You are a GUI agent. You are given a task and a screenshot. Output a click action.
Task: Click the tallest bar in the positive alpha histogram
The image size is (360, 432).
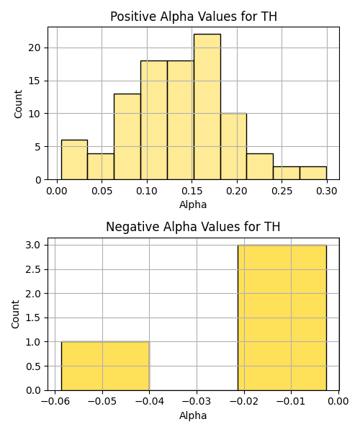(x=207, y=107)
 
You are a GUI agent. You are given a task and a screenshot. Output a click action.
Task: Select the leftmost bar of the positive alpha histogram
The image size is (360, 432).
(x=74, y=160)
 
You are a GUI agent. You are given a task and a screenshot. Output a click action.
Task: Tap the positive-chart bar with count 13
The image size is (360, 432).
(x=127, y=137)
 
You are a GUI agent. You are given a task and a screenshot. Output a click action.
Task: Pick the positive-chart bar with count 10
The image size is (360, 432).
(x=233, y=147)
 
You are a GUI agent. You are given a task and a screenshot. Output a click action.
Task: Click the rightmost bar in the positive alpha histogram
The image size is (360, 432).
(x=313, y=173)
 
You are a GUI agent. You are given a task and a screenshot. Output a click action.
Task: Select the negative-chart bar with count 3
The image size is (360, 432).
(x=282, y=318)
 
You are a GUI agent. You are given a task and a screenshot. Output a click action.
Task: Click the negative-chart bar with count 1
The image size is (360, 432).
(x=105, y=366)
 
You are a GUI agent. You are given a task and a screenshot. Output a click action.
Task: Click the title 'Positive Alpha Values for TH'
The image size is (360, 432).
(x=194, y=17)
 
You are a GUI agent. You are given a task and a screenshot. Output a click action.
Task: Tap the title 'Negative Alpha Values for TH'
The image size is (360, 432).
(x=193, y=227)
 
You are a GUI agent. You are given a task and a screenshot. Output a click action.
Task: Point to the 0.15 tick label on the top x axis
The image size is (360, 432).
(x=192, y=191)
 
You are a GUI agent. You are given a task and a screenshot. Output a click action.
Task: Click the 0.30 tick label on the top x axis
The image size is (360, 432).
(x=327, y=191)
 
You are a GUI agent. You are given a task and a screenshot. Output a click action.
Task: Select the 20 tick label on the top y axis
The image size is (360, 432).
(x=34, y=48)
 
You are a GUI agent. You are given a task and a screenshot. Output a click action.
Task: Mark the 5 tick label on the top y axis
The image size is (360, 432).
(x=37, y=147)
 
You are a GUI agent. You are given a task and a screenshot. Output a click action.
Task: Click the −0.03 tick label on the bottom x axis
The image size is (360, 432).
(x=197, y=402)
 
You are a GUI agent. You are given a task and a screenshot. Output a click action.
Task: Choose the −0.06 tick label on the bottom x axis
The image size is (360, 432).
(x=55, y=402)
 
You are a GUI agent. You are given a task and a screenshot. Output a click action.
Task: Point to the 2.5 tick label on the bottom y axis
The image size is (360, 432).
(x=33, y=269)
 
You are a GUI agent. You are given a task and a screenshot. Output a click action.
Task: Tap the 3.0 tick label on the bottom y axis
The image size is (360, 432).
(x=33, y=246)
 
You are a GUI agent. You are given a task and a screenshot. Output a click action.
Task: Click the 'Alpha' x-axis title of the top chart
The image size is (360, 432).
(x=193, y=204)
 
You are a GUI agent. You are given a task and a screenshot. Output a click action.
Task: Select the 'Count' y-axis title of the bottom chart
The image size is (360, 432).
(x=16, y=315)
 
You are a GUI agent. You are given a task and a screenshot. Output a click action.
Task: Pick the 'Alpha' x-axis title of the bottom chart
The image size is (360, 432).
(x=193, y=415)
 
